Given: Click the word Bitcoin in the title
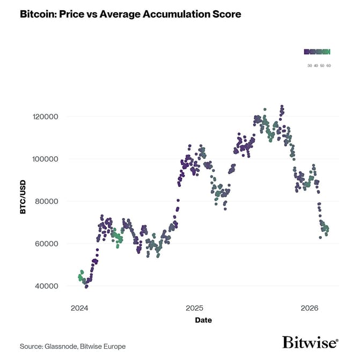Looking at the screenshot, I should pos(39,14).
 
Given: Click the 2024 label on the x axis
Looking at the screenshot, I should pos(79,308).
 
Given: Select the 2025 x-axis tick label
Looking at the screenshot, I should pos(194,308).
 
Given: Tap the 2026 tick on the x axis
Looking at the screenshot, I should pos(310,308).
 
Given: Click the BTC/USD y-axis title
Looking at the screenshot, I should pos(23,201).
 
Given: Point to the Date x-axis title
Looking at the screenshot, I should pos(203,320).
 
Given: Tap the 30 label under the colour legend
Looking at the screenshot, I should pos(310,65).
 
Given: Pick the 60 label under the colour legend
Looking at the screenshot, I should pos(328,65).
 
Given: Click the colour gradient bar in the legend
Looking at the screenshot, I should pos(317,52).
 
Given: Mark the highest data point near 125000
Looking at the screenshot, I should pos(282,106).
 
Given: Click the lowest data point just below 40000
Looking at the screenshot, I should pos(86,287).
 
